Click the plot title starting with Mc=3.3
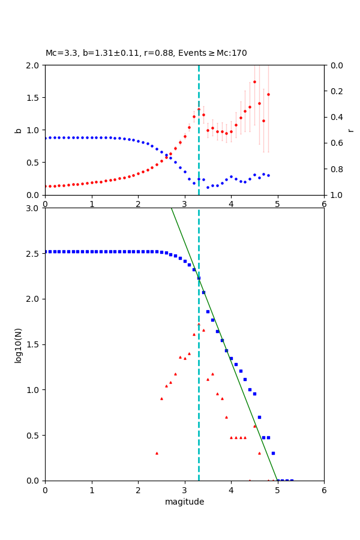(x=146, y=53)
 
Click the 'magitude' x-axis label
(x=184, y=502)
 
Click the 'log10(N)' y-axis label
(x=19, y=344)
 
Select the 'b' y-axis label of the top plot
(x=19, y=130)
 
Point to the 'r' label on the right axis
(x=350, y=130)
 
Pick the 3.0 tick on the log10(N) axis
(x=34, y=208)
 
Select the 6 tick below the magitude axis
(x=324, y=490)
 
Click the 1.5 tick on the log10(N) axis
(x=34, y=344)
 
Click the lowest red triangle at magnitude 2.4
(x=157, y=453)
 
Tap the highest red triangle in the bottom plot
(x=199, y=325)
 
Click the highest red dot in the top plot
(x=254, y=82)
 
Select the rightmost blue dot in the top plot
(x=268, y=176)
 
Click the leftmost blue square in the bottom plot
(x=46, y=251)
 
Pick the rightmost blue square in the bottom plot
(x=292, y=480)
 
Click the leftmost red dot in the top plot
(x=46, y=186)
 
